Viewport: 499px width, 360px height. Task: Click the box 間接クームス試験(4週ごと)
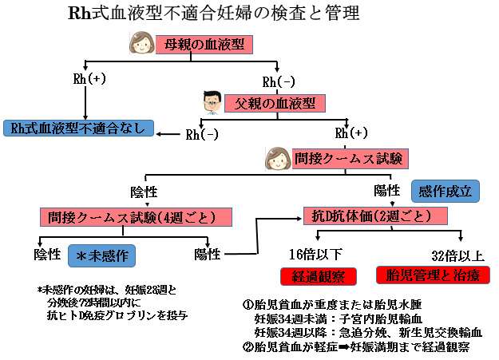(x=136, y=217)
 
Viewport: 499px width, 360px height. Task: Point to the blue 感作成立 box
(x=446, y=192)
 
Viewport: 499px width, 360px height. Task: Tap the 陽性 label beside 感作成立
(x=387, y=192)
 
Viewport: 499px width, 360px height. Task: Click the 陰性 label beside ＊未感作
(x=48, y=255)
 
